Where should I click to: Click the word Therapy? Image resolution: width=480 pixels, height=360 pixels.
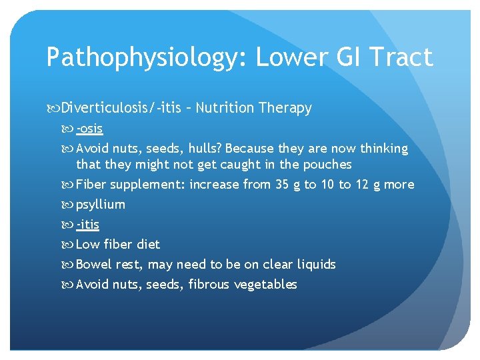tap(285, 108)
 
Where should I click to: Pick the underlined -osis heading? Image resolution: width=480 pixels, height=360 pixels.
tap(89, 128)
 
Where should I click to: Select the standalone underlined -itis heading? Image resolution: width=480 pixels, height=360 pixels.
tap(88, 225)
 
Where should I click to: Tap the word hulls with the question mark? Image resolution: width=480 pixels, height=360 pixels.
tap(203, 148)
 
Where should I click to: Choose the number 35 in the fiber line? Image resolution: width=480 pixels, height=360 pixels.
tap(282, 185)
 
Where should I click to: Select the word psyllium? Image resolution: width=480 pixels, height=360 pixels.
tap(101, 205)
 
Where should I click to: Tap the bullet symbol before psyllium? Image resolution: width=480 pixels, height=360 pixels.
tap(69, 205)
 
